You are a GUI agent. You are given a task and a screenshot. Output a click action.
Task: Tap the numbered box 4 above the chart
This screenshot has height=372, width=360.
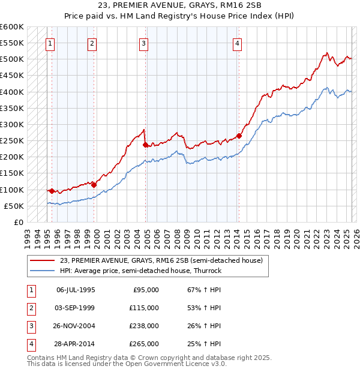point(238,43)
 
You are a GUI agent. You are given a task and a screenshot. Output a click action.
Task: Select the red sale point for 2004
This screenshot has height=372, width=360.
point(145,145)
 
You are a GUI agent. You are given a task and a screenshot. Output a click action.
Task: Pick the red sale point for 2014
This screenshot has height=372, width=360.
point(239,136)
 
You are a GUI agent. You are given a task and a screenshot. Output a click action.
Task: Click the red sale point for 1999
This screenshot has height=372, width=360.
point(94,185)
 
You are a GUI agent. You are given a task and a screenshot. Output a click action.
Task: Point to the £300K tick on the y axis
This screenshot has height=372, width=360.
point(13,124)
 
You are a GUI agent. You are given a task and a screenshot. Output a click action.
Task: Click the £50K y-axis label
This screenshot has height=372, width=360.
point(14,206)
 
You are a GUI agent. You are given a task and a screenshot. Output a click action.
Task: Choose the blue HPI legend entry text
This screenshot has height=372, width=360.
point(140,271)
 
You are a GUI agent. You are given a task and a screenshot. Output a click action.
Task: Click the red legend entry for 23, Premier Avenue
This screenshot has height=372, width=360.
point(161,260)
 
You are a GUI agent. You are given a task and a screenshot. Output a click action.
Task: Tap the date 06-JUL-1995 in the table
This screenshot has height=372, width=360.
point(76,290)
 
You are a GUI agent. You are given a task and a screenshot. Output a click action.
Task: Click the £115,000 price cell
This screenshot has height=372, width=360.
point(144,308)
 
